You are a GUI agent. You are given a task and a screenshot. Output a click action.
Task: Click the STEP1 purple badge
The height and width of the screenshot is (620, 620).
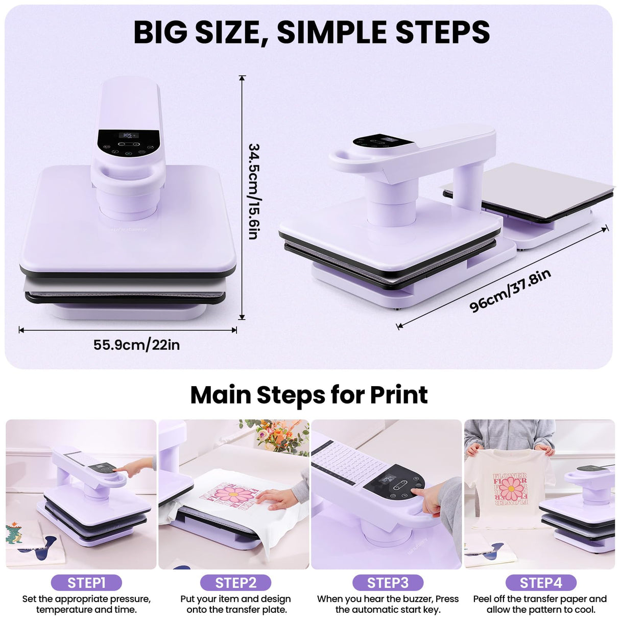86,583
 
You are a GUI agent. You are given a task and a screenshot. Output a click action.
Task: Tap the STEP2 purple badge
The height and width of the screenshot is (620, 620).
235,583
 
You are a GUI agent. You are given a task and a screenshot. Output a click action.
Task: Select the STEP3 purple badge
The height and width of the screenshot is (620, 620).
388,583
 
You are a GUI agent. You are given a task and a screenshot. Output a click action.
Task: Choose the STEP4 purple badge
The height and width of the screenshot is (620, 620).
540,583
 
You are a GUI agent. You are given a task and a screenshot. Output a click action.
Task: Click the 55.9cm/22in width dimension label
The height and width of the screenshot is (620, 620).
136,345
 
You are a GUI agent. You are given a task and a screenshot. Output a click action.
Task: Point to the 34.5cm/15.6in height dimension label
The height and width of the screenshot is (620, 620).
254,192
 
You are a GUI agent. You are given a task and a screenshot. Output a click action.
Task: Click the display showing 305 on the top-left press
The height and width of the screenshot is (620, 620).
128,136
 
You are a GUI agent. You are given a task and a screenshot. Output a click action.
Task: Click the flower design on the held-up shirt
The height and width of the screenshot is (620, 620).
510,489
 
